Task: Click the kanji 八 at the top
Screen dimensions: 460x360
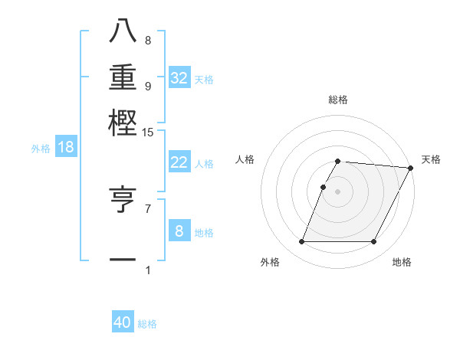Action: [123, 31]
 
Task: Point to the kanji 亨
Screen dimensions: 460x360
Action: [123, 199]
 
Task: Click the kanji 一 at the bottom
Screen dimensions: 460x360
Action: [123, 260]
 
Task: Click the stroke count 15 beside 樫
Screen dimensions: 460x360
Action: [147, 133]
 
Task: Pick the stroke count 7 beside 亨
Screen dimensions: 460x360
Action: [147, 208]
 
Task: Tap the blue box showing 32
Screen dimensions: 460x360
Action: [179, 78]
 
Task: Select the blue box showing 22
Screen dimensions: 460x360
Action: [179, 162]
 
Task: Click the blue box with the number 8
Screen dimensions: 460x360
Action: [179, 231]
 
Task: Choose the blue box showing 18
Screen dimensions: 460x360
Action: [66, 147]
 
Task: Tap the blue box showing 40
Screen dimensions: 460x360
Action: [123, 322]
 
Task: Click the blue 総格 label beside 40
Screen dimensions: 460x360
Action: [147, 324]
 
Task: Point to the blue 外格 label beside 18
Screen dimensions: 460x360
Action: [41, 149]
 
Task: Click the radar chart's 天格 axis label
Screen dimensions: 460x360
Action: [431, 159]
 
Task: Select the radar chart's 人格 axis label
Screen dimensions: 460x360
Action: [245, 159]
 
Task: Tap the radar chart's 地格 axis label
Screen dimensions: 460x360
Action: [402, 262]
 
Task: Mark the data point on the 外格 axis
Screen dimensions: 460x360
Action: [301, 242]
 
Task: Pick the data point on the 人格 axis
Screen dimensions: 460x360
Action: [323, 187]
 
